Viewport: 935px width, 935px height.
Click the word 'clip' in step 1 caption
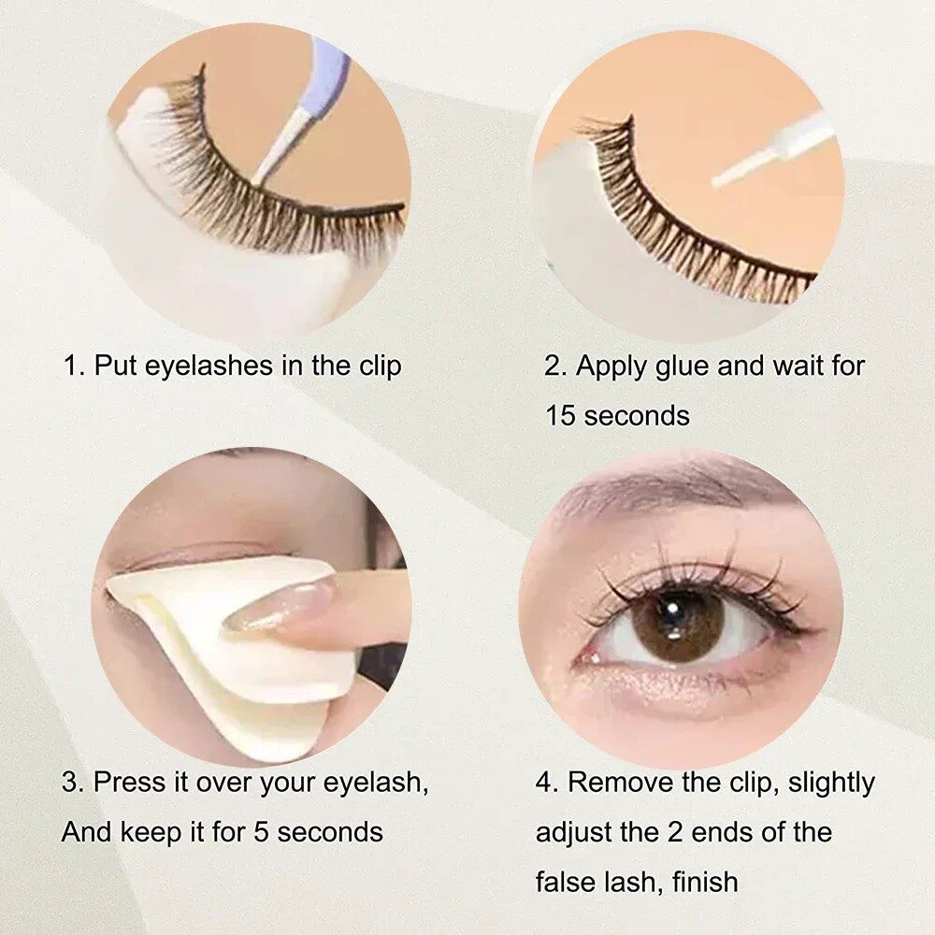(x=380, y=366)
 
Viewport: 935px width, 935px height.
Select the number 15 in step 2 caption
(x=560, y=416)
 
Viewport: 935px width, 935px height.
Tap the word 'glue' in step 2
(x=682, y=367)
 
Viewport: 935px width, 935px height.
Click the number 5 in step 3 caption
(x=261, y=832)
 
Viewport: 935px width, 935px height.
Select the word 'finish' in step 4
(x=705, y=882)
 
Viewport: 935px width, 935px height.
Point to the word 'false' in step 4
(x=564, y=882)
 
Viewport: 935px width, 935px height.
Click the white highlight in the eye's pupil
(x=672, y=610)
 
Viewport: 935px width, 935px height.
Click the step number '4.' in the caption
(x=546, y=783)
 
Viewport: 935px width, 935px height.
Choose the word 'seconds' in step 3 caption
(x=330, y=832)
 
